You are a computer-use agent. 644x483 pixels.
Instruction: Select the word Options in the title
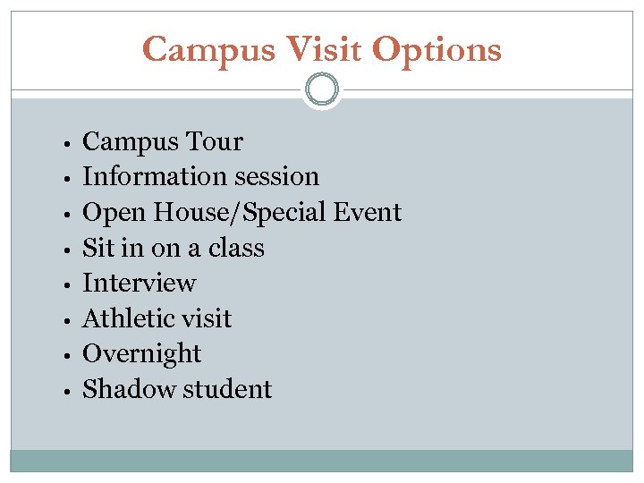pyautogui.click(x=436, y=50)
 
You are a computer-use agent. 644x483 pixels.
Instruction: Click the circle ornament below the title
pyautogui.click(x=322, y=89)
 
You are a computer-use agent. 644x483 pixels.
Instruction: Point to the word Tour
pyautogui.click(x=215, y=142)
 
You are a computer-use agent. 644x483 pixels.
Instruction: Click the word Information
pyautogui.click(x=148, y=177)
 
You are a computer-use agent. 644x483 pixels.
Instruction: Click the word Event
pyautogui.click(x=367, y=213)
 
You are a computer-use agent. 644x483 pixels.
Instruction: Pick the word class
pyautogui.click(x=236, y=248)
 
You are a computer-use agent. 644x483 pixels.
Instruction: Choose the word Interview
pyautogui.click(x=139, y=284)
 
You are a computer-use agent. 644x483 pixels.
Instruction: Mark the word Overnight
pyautogui.click(x=141, y=354)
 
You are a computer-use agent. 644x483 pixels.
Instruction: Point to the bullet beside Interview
pyautogui.click(x=67, y=285)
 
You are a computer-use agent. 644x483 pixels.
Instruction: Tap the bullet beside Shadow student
pyautogui.click(x=67, y=391)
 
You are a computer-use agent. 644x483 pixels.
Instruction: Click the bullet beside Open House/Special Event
pyautogui.click(x=67, y=215)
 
